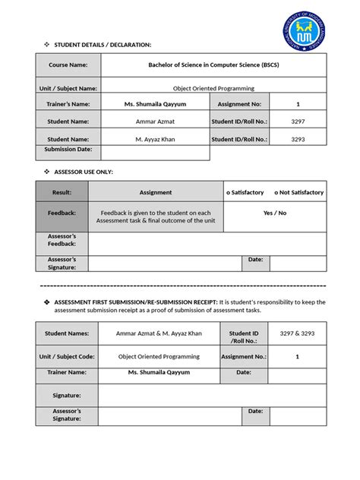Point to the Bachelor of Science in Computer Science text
[213, 65]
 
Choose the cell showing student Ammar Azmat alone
[155, 122]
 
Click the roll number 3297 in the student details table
[298, 122]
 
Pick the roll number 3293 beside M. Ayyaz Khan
[298, 139]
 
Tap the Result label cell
[62, 192]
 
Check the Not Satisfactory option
[298, 192]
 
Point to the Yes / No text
[274, 213]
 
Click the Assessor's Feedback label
[62, 240]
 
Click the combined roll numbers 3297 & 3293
[297, 333]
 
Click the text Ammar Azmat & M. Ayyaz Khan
[159, 333]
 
